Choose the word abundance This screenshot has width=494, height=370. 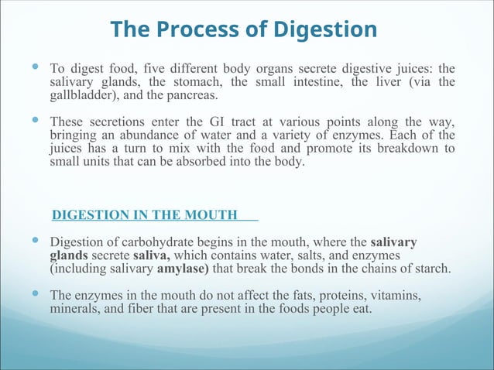click(x=136, y=135)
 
